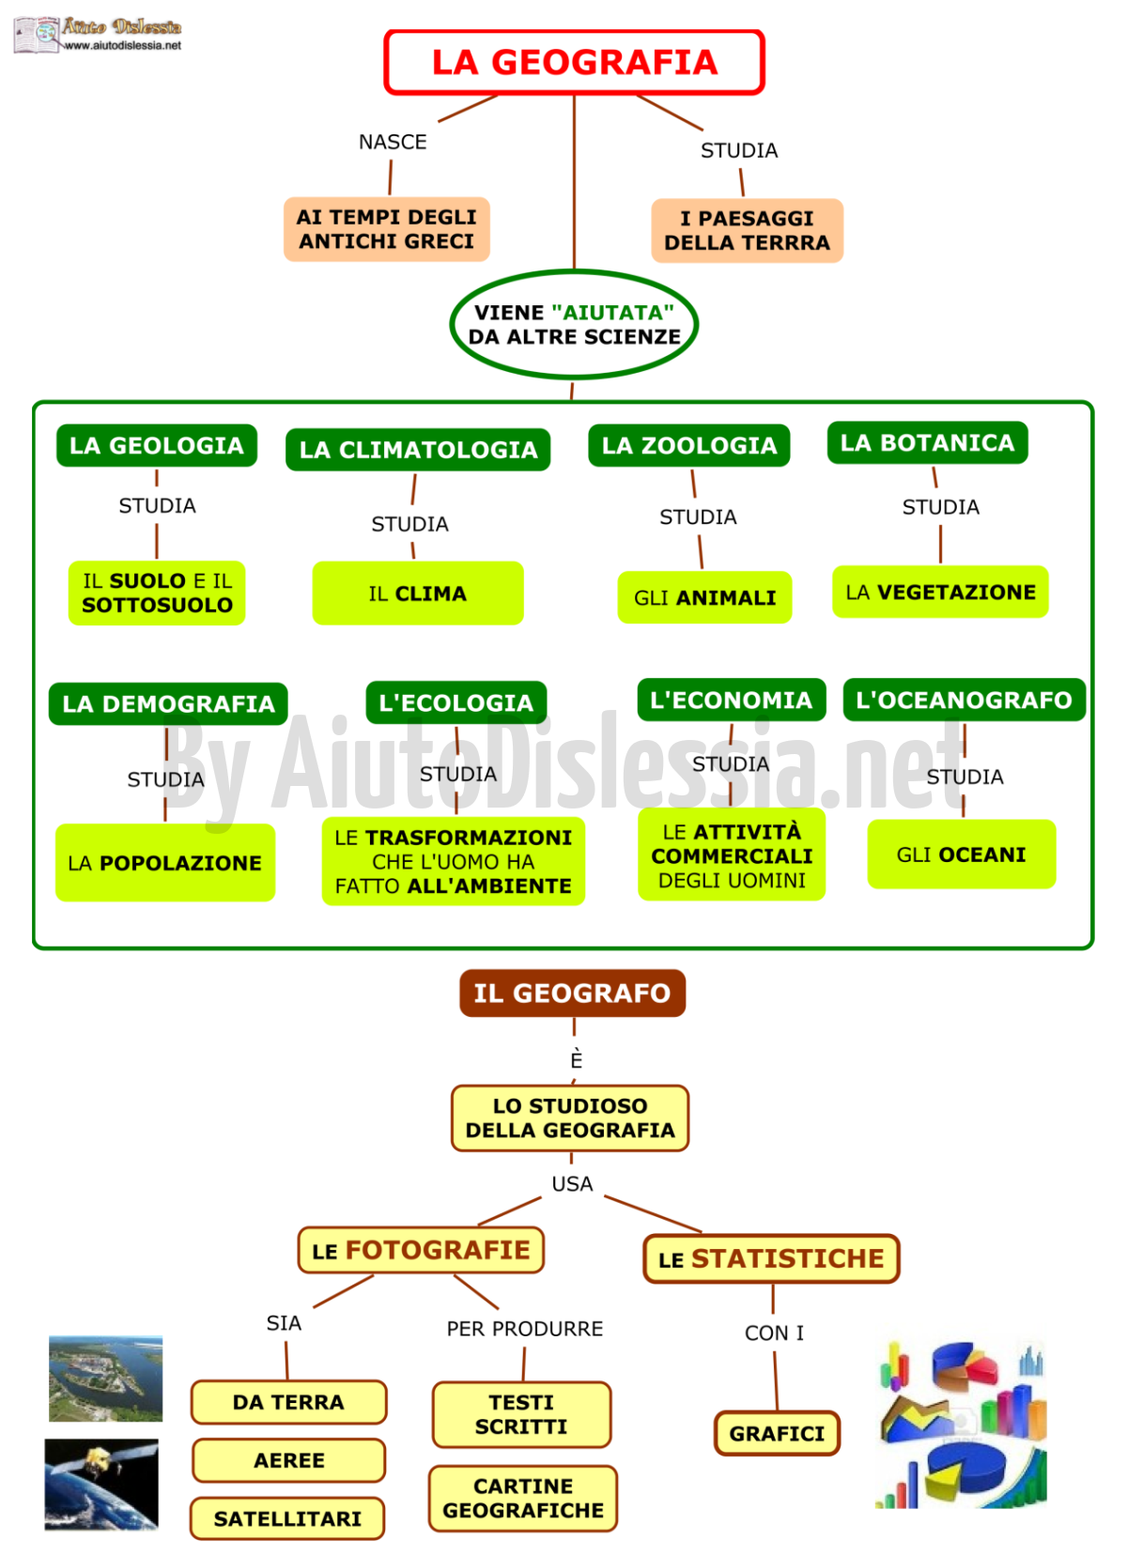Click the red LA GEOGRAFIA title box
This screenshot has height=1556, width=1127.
coord(574,62)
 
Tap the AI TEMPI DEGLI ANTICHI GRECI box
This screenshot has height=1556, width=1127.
coord(386,229)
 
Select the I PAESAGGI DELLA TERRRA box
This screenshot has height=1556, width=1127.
coord(747,231)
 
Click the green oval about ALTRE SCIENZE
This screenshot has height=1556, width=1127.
coord(574,324)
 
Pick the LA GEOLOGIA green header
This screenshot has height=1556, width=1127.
coord(157,445)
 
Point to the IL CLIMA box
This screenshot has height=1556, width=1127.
coord(418,593)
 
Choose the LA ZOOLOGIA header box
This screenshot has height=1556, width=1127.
coord(689,445)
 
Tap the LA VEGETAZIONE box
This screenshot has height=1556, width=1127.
coord(940,592)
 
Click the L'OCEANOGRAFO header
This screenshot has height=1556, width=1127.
coord(965,700)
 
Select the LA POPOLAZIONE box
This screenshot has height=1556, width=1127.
coord(165,863)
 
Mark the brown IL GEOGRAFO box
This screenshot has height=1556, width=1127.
coord(573,994)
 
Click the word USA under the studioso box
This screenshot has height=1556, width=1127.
coord(572,1184)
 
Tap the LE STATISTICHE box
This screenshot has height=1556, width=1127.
coord(771,1258)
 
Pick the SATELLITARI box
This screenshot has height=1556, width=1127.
coord(287,1518)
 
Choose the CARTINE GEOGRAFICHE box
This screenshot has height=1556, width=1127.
coord(523,1499)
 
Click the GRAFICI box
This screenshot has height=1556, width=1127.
coord(777,1433)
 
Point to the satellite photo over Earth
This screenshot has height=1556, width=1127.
coord(101,1485)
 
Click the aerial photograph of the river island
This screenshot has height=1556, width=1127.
coord(105,1379)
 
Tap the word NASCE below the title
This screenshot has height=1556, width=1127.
coord(393,142)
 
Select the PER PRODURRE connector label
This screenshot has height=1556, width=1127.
coord(525,1329)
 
